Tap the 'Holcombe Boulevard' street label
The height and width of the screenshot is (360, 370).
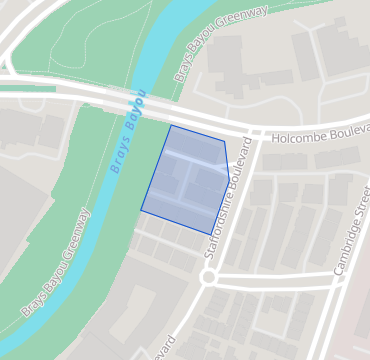tap(314, 133)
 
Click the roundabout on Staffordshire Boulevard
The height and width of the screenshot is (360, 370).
tap(208, 277)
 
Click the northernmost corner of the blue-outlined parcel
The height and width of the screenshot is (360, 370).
tap(171, 125)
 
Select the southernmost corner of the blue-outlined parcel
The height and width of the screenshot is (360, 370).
tap(210, 235)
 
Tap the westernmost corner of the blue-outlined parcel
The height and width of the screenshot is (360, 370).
tap(141, 211)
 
